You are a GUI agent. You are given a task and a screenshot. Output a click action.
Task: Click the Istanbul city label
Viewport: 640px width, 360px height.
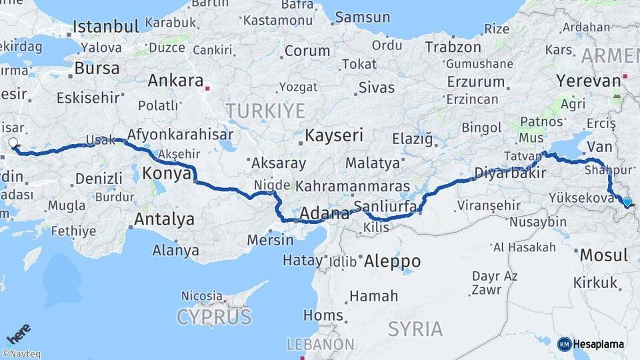point(105,27)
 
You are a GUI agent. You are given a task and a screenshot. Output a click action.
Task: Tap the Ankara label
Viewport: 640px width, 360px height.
point(175,81)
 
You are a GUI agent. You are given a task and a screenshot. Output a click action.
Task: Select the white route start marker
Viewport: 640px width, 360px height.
point(13,142)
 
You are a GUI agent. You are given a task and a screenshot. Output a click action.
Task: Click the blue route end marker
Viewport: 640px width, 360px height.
point(627,201)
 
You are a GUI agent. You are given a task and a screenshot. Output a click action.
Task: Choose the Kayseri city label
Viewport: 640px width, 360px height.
point(334,136)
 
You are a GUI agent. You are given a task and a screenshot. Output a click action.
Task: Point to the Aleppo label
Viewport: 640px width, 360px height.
point(392,261)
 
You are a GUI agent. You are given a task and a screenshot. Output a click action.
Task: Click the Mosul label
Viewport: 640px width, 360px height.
point(603,255)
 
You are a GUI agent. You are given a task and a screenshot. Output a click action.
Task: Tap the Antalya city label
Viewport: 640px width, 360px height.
point(164,219)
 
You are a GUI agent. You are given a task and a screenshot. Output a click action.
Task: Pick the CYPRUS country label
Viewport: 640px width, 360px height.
point(213,317)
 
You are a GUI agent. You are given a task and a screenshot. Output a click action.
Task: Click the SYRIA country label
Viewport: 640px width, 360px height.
point(415,329)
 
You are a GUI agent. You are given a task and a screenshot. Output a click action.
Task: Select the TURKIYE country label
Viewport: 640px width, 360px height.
point(265,111)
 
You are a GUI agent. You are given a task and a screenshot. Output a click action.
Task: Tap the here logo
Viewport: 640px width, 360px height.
point(18,332)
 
